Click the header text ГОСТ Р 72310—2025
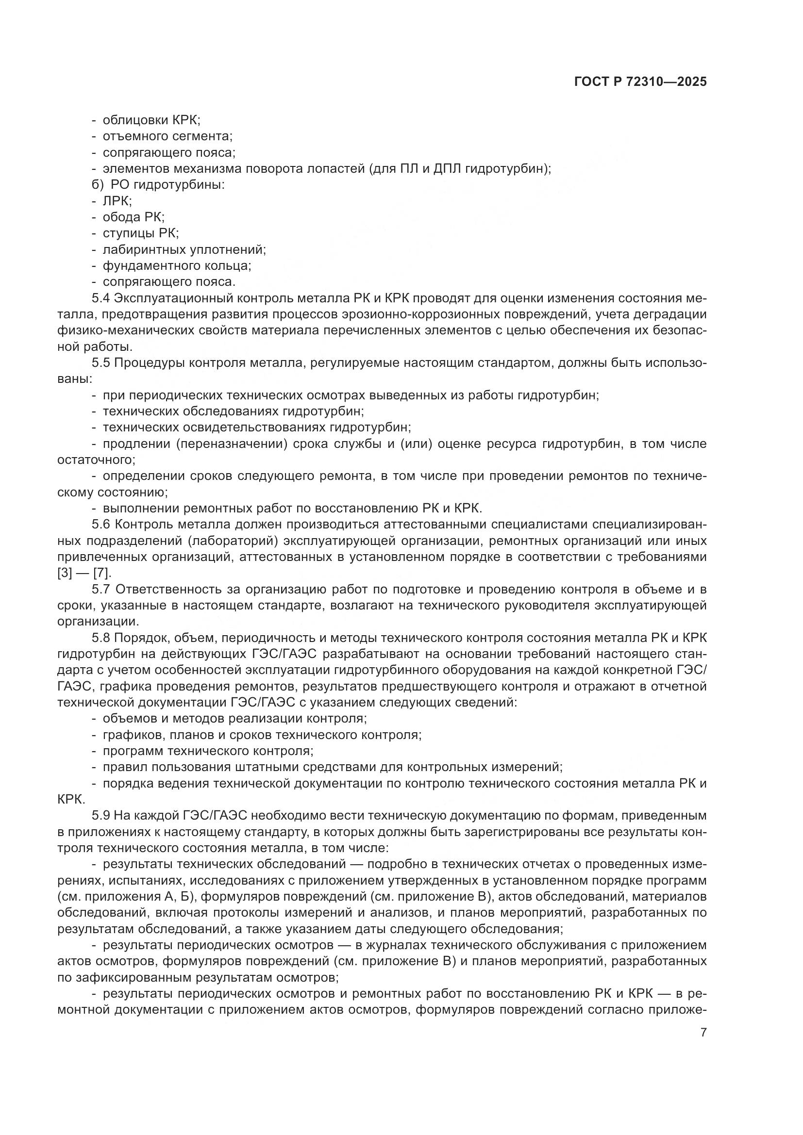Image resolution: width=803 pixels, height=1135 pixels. [x=640, y=82]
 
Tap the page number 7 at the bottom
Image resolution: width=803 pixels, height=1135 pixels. [x=703, y=1033]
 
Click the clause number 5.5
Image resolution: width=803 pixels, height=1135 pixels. [x=102, y=363]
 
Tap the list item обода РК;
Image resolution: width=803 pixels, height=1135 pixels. [x=134, y=217]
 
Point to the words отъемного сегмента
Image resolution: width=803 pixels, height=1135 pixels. [x=167, y=136]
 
